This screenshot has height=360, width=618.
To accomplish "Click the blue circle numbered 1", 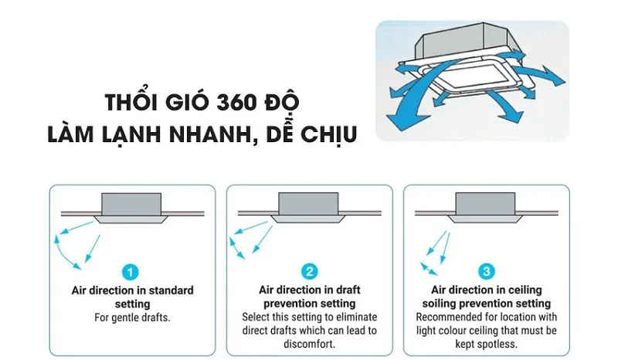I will click(131, 272).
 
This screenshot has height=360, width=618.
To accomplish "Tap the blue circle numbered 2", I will click(309, 272).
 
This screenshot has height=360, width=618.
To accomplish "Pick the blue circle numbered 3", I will click(486, 272).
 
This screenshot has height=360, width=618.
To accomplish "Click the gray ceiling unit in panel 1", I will click(131, 205).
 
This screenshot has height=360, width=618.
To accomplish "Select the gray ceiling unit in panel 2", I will click(309, 205).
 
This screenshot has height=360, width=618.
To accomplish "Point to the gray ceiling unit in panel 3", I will click(486, 205).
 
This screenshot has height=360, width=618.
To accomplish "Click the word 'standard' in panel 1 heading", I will click(168, 291).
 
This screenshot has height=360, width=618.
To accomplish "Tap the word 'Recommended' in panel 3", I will click(448, 318).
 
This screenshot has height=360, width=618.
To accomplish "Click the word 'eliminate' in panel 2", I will click(355, 318).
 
